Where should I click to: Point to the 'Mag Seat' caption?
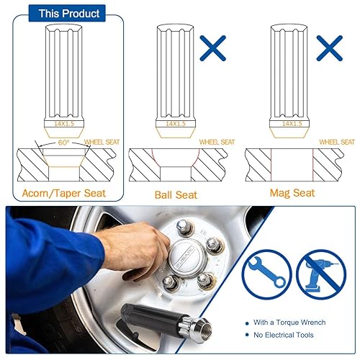pyautogui.click(x=292, y=193)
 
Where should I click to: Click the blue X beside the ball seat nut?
pyautogui.click(x=214, y=48)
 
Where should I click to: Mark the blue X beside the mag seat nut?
pyautogui.click(x=328, y=48)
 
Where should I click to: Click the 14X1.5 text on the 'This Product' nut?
pyautogui.click(x=64, y=123)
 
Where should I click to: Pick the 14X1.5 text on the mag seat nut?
pyautogui.click(x=292, y=123)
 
